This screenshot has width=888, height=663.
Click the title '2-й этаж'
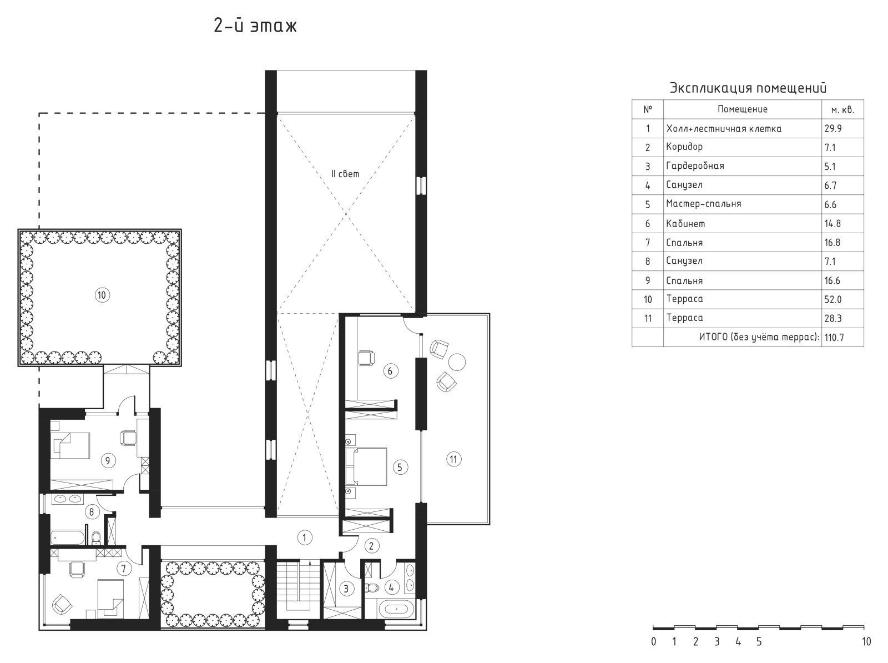click(x=255, y=26)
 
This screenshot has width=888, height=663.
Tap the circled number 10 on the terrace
click(x=102, y=295)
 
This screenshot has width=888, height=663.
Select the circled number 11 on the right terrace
click(x=453, y=459)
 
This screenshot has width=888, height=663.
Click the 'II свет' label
click(x=345, y=174)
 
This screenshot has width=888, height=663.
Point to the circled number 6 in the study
click(x=390, y=371)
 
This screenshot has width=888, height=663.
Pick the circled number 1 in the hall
click(x=305, y=538)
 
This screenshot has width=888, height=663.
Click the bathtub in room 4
click(x=396, y=609)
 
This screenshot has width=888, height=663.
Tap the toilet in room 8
click(x=96, y=537)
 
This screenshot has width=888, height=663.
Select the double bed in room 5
click(x=366, y=466)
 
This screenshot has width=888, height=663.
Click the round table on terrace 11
click(x=457, y=362)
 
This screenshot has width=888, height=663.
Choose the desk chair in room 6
click(x=366, y=358)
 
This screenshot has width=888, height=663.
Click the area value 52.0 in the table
click(x=833, y=299)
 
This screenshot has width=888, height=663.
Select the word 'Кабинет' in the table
click(x=685, y=223)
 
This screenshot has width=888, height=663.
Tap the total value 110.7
click(x=834, y=337)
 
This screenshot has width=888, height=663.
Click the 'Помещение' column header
click(x=743, y=109)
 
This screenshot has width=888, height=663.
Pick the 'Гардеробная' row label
click(x=695, y=166)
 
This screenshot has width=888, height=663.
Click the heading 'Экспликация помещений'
click(x=748, y=88)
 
